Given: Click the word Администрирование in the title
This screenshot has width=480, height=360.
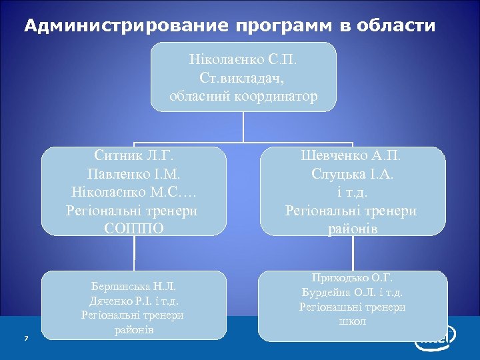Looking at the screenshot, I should [x=126, y=26].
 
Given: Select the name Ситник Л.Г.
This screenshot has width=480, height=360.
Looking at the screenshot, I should [x=133, y=157].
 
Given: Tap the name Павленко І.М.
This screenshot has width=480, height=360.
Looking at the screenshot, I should [x=133, y=175].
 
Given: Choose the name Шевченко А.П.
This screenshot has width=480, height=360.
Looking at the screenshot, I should [x=351, y=157].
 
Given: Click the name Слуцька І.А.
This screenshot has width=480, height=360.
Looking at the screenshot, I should [x=351, y=175].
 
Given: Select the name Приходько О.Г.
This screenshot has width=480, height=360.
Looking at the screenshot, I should [x=352, y=278].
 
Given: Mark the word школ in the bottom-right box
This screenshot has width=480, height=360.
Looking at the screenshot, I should [x=352, y=321].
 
